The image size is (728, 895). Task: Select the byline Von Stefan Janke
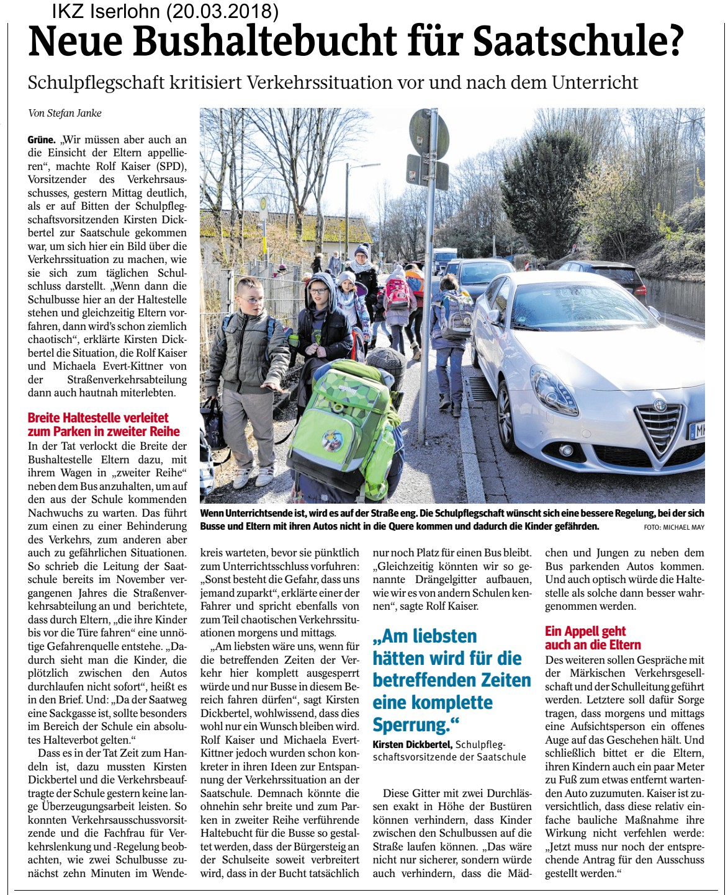pos(65,113)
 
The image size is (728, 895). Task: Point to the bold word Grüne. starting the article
pos(42,140)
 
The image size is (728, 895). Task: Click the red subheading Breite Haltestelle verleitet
pos(98,417)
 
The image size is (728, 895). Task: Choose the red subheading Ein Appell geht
pos(585,631)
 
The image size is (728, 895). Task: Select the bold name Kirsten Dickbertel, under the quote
pos(413,744)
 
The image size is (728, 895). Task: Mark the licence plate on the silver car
pos(698,430)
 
